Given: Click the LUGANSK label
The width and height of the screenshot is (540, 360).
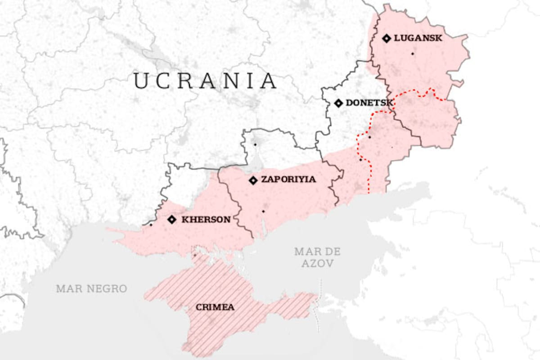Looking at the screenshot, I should [x=418, y=38].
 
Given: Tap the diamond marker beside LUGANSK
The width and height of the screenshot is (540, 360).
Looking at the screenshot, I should [x=386, y=38].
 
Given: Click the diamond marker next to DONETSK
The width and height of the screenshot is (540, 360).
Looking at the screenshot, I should [x=338, y=103].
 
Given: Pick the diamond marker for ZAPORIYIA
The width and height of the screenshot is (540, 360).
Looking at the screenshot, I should [x=253, y=180].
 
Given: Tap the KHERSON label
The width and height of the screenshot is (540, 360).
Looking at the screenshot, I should [x=206, y=220].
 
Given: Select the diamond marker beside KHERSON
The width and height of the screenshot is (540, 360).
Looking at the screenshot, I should [x=171, y=220].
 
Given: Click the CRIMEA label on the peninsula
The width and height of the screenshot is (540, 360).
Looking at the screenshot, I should [x=215, y=307].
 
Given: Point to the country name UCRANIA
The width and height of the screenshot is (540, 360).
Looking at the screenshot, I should [x=205, y=81].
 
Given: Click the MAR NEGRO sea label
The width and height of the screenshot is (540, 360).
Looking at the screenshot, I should [x=91, y=288].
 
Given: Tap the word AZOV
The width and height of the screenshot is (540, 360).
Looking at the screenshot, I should [x=318, y=264].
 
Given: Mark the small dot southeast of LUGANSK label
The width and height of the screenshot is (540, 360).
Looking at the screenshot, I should [x=412, y=54].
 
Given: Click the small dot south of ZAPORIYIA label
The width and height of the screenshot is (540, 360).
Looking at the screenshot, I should [x=263, y=211].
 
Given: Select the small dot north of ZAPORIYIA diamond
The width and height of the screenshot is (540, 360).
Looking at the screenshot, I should [x=255, y=144].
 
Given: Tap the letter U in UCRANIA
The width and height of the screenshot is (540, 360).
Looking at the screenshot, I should [x=141, y=81].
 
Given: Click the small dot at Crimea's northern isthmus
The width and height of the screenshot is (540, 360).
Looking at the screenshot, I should [x=195, y=256].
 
